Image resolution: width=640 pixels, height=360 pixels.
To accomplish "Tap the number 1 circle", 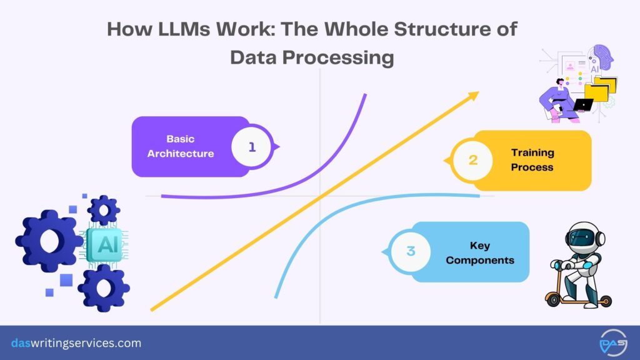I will coord(252,147).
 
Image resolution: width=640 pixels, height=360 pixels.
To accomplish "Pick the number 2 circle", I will coord(473,160).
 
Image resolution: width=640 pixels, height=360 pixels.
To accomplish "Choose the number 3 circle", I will coord(411,252).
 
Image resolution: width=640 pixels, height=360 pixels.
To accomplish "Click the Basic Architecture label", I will coord(181,146).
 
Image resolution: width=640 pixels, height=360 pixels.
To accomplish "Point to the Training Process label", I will coord(532,160).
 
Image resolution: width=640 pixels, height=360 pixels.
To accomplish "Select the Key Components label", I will coord(480,252).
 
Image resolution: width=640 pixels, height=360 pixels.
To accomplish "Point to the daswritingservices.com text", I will coord(76,343).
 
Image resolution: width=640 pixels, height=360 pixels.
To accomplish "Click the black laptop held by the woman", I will coord(583,104).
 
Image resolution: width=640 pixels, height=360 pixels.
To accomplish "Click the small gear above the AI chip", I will coord(104,210).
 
